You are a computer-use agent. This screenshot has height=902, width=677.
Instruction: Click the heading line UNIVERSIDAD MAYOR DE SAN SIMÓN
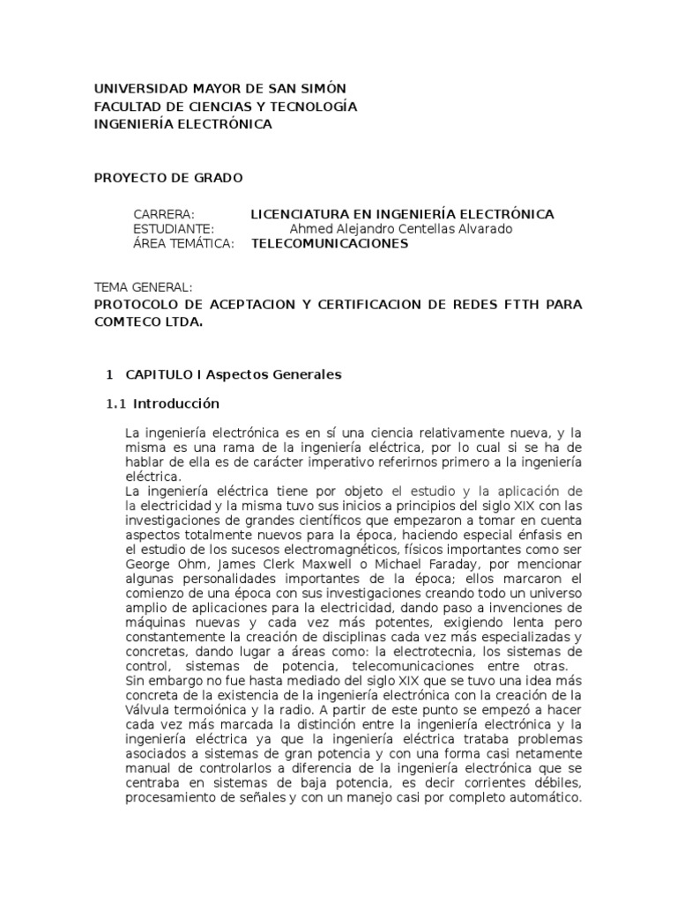pyautogui.click(x=220, y=89)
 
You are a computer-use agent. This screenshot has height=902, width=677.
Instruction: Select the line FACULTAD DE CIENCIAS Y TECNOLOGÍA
pyautogui.click(x=225, y=107)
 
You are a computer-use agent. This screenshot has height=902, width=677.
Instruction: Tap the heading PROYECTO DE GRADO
pyautogui.click(x=168, y=178)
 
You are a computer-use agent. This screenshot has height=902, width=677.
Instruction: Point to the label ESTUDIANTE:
pyautogui.click(x=174, y=229)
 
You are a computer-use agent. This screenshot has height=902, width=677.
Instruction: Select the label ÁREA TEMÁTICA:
pyautogui.click(x=183, y=244)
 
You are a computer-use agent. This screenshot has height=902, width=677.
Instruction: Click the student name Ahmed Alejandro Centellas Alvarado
pyautogui.click(x=400, y=229)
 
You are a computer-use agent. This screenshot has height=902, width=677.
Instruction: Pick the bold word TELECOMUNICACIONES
pyautogui.click(x=330, y=244)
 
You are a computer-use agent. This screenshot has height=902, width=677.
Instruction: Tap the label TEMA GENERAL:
pyautogui.click(x=143, y=288)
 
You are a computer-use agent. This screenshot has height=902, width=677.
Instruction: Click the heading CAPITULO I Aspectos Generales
pyautogui.click(x=233, y=374)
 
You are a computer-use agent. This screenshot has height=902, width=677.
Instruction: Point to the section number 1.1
pyautogui.click(x=115, y=404)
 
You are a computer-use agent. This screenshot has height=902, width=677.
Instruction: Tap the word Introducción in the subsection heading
pyautogui.click(x=175, y=404)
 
